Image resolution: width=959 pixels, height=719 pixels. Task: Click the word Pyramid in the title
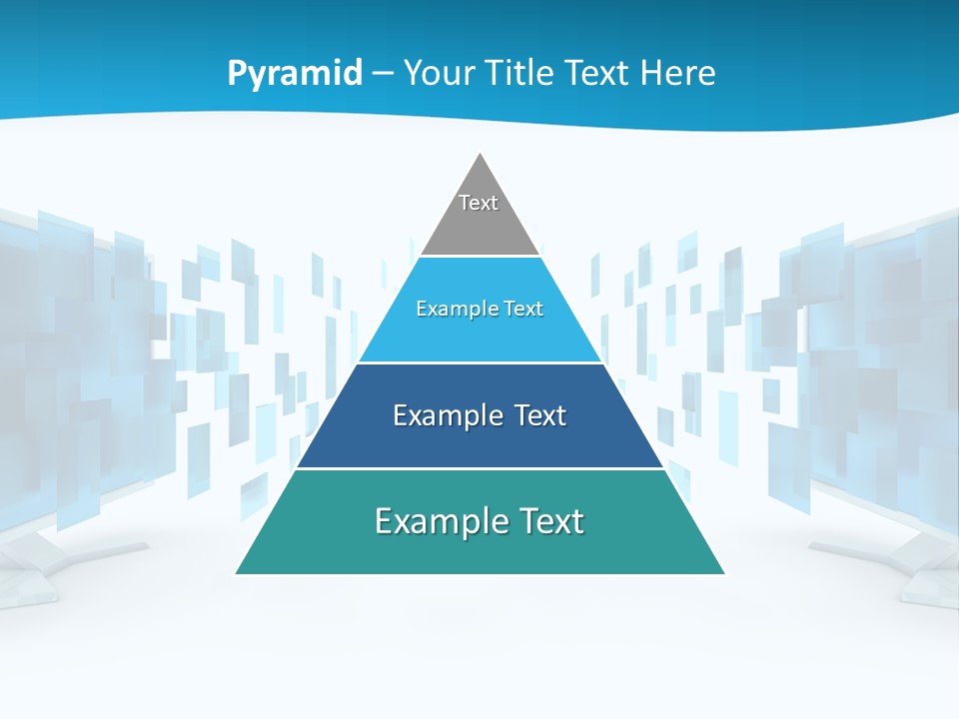pos(294,74)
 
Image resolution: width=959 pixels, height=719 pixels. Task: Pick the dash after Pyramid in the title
pos(383,74)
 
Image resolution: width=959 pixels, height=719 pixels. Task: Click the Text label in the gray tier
pos(479,203)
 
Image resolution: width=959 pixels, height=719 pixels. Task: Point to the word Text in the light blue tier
pos(525,309)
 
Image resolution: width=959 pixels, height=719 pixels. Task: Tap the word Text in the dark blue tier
pos(540,415)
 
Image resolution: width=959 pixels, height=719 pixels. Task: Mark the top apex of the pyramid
pos(480,154)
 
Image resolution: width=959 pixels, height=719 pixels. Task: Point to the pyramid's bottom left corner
pos(237,573)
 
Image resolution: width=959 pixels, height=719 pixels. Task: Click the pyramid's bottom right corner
pos(724,573)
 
